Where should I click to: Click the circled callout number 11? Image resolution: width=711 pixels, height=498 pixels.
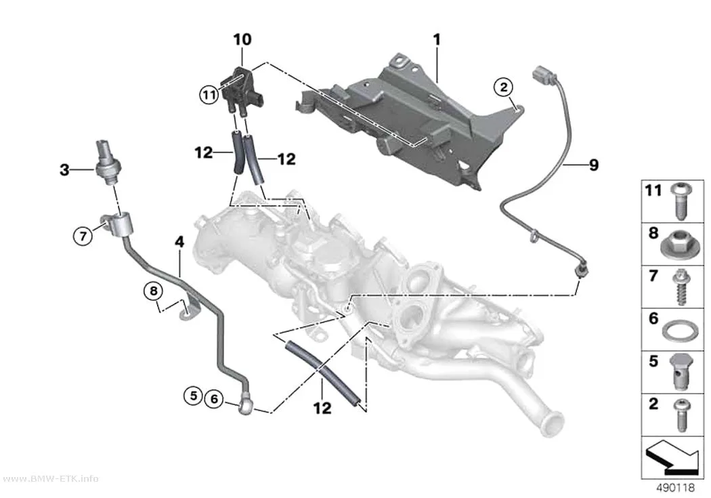(x=209, y=96)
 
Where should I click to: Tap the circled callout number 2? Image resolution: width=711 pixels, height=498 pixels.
(x=504, y=87)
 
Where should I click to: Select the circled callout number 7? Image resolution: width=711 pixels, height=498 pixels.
(x=83, y=236)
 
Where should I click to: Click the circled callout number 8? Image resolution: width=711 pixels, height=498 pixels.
(x=154, y=290)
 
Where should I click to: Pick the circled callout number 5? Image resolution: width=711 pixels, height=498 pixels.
(x=194, y=396)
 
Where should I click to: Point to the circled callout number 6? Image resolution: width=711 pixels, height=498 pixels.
(x=214, y=399)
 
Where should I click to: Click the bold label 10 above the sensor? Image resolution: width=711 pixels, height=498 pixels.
(x=242, y=39)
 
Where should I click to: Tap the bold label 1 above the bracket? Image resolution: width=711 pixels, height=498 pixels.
(x=437, y=40)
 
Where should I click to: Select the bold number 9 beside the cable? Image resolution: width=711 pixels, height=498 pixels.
(x=594, y=165)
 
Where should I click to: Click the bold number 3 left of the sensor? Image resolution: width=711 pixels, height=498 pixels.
(x=65, y=170)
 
